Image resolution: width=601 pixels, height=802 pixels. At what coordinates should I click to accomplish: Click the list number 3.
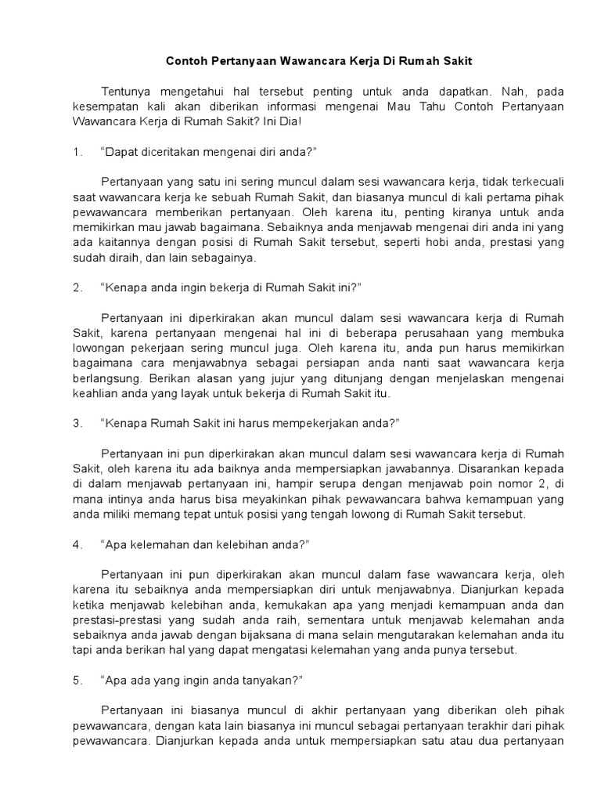[77, 423]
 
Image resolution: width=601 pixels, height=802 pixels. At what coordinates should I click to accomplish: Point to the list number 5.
[77, 680]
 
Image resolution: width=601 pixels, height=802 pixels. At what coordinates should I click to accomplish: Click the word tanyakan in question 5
[265, 680]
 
